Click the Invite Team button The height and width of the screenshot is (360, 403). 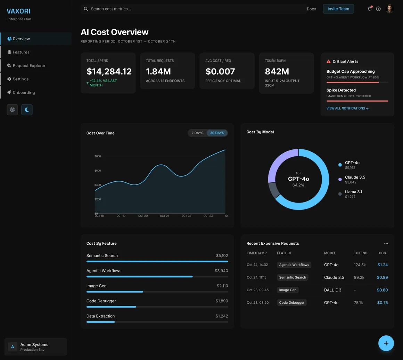(338, 9)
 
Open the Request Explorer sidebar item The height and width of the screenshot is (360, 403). (29, 66)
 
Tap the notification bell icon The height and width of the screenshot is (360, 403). (369, 9)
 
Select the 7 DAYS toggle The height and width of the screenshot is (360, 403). (197, 133)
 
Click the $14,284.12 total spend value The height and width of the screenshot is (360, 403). (109, 72)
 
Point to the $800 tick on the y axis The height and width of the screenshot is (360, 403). (98, 156)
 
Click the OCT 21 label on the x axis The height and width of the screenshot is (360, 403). (164, 216)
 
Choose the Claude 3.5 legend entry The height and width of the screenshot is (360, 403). (354, 177)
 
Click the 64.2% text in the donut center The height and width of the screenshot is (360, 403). (298, 185)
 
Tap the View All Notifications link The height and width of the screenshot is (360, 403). (347, 108)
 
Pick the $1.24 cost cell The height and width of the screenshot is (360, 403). (382, 265)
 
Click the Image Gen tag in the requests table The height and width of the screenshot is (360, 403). (288, 290)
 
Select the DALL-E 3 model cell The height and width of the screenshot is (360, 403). (332, 290)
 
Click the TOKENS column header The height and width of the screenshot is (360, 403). (360, 253)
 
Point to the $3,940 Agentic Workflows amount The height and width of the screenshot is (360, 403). (221, 271)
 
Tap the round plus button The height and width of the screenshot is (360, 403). (386, 343)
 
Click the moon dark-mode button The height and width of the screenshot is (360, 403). (27, 110)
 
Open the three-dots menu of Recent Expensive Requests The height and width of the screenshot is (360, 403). (386, 243)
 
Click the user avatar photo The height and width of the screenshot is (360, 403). (389, 9)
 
